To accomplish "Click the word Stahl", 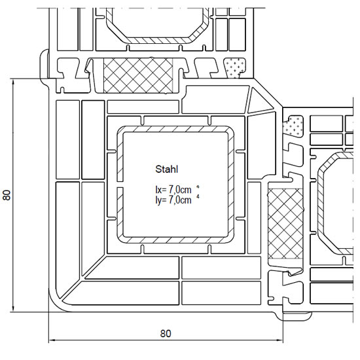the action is point(167,170).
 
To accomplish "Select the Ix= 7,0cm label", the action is point(173,190).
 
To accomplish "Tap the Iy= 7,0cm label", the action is point(173,200).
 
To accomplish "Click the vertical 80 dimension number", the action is point(7,195).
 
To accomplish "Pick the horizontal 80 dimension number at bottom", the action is point(166,333).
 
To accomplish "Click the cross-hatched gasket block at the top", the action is point(138,75).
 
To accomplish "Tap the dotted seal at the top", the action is point(234,67).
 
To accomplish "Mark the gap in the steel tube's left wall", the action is point(120,184).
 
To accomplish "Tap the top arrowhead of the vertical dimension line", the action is point(13,82).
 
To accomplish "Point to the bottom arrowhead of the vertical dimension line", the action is point(13,308).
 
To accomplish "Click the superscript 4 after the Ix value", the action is point(198,187).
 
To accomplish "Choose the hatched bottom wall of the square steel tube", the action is point(176,240).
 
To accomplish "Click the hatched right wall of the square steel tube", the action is point(231,185).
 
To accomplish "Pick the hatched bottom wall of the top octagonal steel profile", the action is point(158,40).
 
